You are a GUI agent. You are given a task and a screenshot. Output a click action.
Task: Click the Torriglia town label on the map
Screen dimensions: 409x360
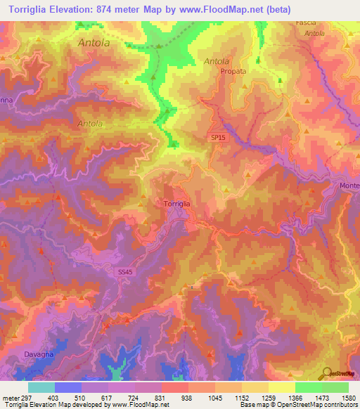point(176,203)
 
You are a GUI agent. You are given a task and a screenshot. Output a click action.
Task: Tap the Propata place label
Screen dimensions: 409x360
point(233,71)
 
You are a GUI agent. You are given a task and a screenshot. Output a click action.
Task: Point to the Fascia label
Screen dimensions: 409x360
point(306,23)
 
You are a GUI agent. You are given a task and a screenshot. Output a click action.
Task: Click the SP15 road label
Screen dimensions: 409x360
point(218,138)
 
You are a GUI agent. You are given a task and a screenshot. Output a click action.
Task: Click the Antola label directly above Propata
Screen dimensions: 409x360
point(217,61)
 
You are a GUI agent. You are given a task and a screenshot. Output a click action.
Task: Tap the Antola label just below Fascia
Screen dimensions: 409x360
point(314,33)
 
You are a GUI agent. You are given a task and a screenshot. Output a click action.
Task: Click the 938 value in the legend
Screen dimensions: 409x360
point(188,398)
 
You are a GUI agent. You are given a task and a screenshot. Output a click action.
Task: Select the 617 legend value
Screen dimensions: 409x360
point(108,398)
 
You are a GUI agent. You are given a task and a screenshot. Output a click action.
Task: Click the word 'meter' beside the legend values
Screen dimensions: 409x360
point(11,398)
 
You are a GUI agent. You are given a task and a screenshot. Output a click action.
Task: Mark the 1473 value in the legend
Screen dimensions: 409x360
point(321,398)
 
